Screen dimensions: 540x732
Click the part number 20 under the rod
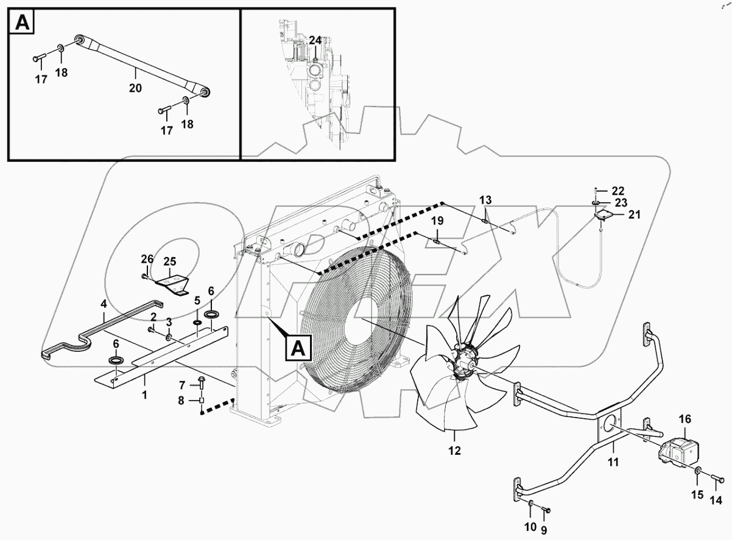(135, 88)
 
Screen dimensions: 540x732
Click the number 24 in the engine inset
(315, 41)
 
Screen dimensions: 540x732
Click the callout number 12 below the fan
(455, 451)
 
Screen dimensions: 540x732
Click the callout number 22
(618, 191)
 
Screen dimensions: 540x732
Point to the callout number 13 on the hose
(485, 201)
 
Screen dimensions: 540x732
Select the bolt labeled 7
(200, 382)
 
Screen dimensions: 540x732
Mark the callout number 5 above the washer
(197, 301)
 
